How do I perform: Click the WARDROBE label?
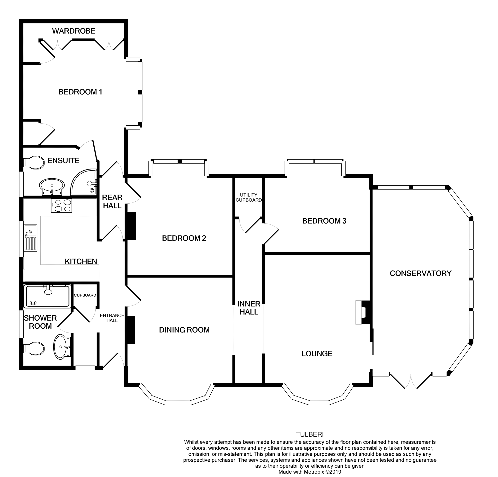74,31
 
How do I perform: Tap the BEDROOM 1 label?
80,92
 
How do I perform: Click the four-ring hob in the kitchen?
62,205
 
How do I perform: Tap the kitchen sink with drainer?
30,237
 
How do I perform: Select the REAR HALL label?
112,201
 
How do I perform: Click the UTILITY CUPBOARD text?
249,198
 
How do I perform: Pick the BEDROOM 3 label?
324,221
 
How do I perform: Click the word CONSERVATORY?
420,273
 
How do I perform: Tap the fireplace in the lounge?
363,312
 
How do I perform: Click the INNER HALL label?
249,308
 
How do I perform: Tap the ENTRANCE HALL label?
112,318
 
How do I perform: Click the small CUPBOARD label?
85,295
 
